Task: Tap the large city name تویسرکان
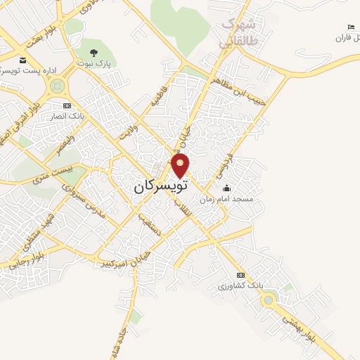coord(161,188)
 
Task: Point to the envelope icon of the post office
coord(23,61)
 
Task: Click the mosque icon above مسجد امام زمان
coord(226,188)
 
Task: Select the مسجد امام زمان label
coord(226,199)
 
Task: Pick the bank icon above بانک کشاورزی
coord(242,275)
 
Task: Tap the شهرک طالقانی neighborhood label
coord(237,33)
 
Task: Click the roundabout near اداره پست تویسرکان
coord(58,86)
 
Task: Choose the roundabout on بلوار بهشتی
coord(268,301)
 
